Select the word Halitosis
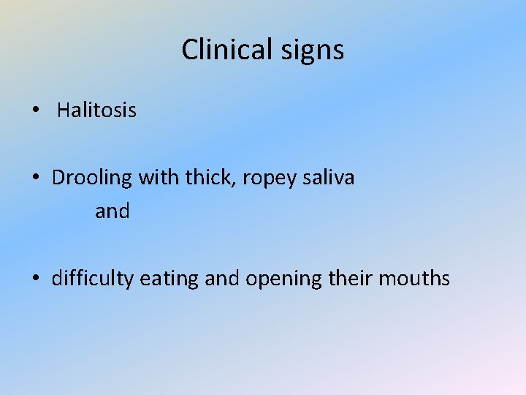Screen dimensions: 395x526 tap(96, 110)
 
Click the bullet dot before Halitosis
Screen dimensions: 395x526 tap(35, 111)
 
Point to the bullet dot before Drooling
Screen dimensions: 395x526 tap(35, 178)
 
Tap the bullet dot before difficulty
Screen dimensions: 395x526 tap(35, 279)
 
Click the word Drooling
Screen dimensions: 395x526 tap(92, 178)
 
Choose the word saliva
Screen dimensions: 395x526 tap(329, 178)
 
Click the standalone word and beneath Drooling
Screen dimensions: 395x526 tap(113, 211)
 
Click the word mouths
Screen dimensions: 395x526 tap(416, 279)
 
